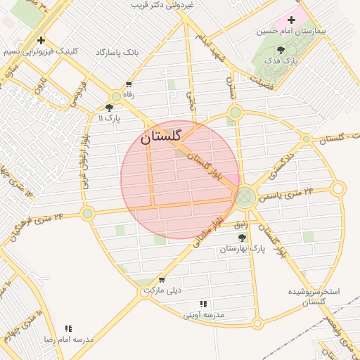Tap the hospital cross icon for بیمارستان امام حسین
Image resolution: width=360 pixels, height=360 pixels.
(291, 20)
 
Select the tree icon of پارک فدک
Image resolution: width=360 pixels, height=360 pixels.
(281, 49)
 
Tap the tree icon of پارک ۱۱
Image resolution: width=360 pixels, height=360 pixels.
(109, 107)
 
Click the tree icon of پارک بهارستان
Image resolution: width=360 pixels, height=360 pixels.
(243, 238)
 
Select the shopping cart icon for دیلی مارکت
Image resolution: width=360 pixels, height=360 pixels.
(162, 279)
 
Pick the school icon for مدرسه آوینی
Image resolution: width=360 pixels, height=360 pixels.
(203, 304)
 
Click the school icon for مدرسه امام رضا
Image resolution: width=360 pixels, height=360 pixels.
(68, 328)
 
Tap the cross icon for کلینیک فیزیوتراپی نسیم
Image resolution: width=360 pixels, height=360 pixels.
(41, 40)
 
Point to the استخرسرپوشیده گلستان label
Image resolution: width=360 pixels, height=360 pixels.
(314, 295)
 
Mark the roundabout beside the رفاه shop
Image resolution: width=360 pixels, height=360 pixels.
(116, 96)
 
